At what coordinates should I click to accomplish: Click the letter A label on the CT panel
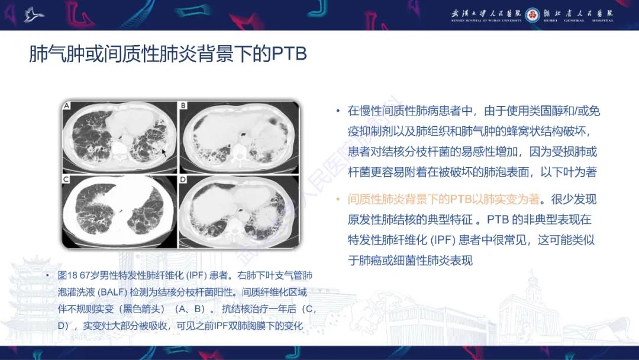pos(67,106)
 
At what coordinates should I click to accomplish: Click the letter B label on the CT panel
pos(183,105)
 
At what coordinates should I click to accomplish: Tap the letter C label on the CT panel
pos(66,179)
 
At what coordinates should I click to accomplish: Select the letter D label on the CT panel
pos(183,179)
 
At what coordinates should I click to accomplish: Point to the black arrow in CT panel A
pos(164,153)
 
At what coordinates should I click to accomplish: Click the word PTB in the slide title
pos(289,54)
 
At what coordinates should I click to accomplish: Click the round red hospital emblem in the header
pos(532,15)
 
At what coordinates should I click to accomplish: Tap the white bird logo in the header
pos(34,14)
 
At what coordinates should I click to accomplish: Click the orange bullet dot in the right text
pos(337,200)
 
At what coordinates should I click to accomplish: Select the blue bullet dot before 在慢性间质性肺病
pos(337,111)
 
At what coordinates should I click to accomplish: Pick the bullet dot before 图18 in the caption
pos(48,275)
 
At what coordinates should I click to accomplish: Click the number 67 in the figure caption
pos(85,275)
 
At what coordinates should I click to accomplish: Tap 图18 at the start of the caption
pos(67,275)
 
